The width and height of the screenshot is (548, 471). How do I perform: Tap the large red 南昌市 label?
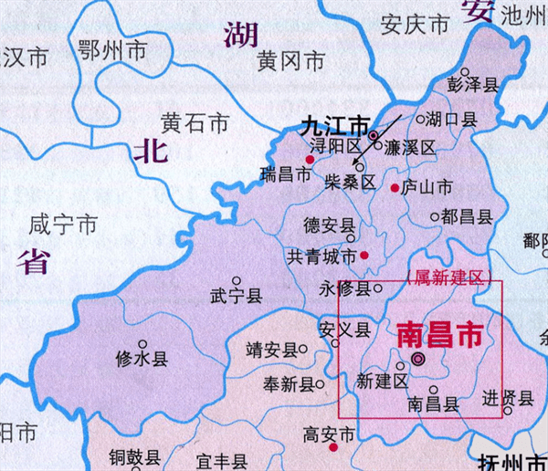point(439,333)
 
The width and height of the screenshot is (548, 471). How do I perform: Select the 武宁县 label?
point(237,296)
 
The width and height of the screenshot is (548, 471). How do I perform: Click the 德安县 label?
point(329,225)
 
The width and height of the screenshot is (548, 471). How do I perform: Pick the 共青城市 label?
point(321,256)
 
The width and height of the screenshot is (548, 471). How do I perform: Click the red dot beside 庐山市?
point(395,188)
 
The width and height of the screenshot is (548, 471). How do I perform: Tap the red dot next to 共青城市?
point(364,256)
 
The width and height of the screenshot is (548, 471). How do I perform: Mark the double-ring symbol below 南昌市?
point(417,360)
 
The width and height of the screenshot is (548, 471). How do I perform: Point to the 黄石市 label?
point(193,121)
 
